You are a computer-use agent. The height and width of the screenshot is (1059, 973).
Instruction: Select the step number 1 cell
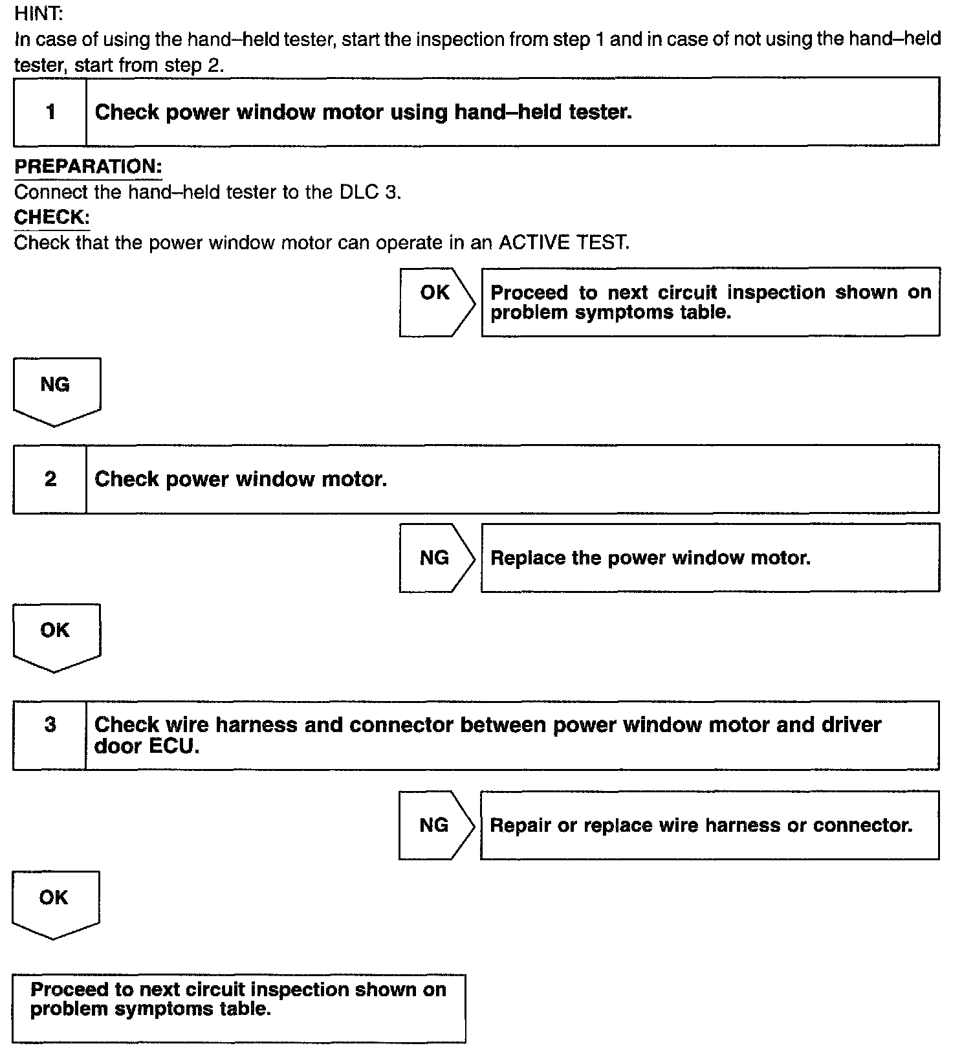pos(50,112)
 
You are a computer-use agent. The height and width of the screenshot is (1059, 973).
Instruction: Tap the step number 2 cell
pos(50,479)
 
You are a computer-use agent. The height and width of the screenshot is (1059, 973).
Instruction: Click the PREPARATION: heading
pos(88,166)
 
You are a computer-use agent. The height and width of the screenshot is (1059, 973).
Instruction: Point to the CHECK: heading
pos(52,217)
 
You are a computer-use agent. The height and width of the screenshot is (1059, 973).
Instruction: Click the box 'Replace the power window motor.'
pos(710,557)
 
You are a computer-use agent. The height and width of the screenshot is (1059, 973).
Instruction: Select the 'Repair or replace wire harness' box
pos(709,825)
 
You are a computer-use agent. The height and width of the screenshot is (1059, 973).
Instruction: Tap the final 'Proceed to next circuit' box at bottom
pos(239,1008)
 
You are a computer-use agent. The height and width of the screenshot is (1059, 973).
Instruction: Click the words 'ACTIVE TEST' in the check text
pos(563,243)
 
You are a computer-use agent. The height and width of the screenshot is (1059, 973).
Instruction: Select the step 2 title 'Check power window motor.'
pos(241,479)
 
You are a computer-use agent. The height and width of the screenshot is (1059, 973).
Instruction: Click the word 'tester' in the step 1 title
pos(600,112)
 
